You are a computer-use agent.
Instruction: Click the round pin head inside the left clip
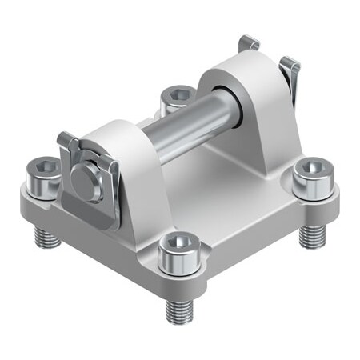[x=86, y=179]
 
